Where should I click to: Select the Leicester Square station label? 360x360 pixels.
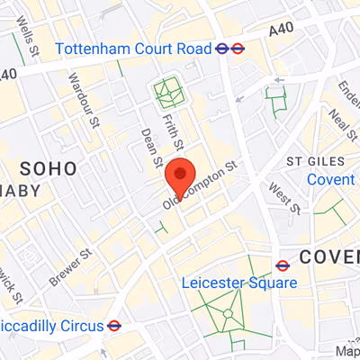click(238, 283)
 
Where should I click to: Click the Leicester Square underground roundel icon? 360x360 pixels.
click(283, 265)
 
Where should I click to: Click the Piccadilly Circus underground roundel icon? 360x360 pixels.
click(114, 325)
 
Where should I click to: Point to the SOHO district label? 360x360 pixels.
click(49, 167)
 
